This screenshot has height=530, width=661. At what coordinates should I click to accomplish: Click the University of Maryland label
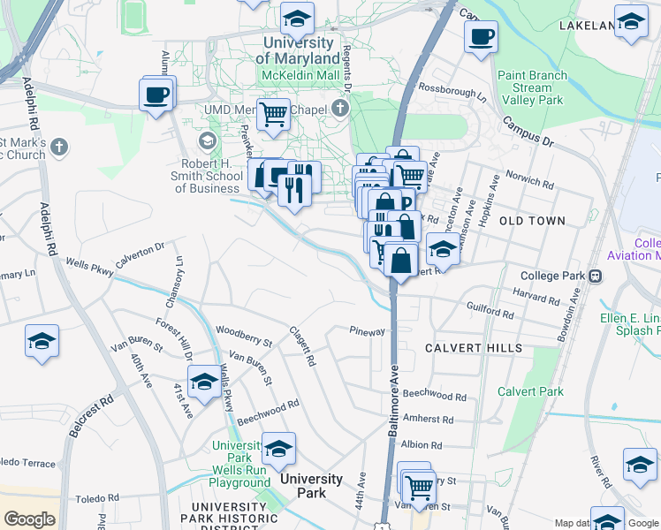[298, 50]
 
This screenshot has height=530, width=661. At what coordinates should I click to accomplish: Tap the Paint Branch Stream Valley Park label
[532, 87]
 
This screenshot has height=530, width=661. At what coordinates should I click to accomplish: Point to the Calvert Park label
[530, 391]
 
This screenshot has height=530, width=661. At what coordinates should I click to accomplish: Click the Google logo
[30, 519]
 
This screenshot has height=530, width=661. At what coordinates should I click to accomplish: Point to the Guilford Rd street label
[490, 313]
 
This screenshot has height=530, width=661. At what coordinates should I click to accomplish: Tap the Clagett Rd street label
[303, 346]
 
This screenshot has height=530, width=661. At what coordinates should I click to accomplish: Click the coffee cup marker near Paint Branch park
[481, 38]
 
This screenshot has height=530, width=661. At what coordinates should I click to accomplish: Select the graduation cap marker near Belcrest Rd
[42, 342]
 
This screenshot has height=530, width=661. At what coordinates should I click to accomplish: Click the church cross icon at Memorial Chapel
[340, 109]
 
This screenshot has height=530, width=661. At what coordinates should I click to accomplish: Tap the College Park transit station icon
[595, 276]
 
